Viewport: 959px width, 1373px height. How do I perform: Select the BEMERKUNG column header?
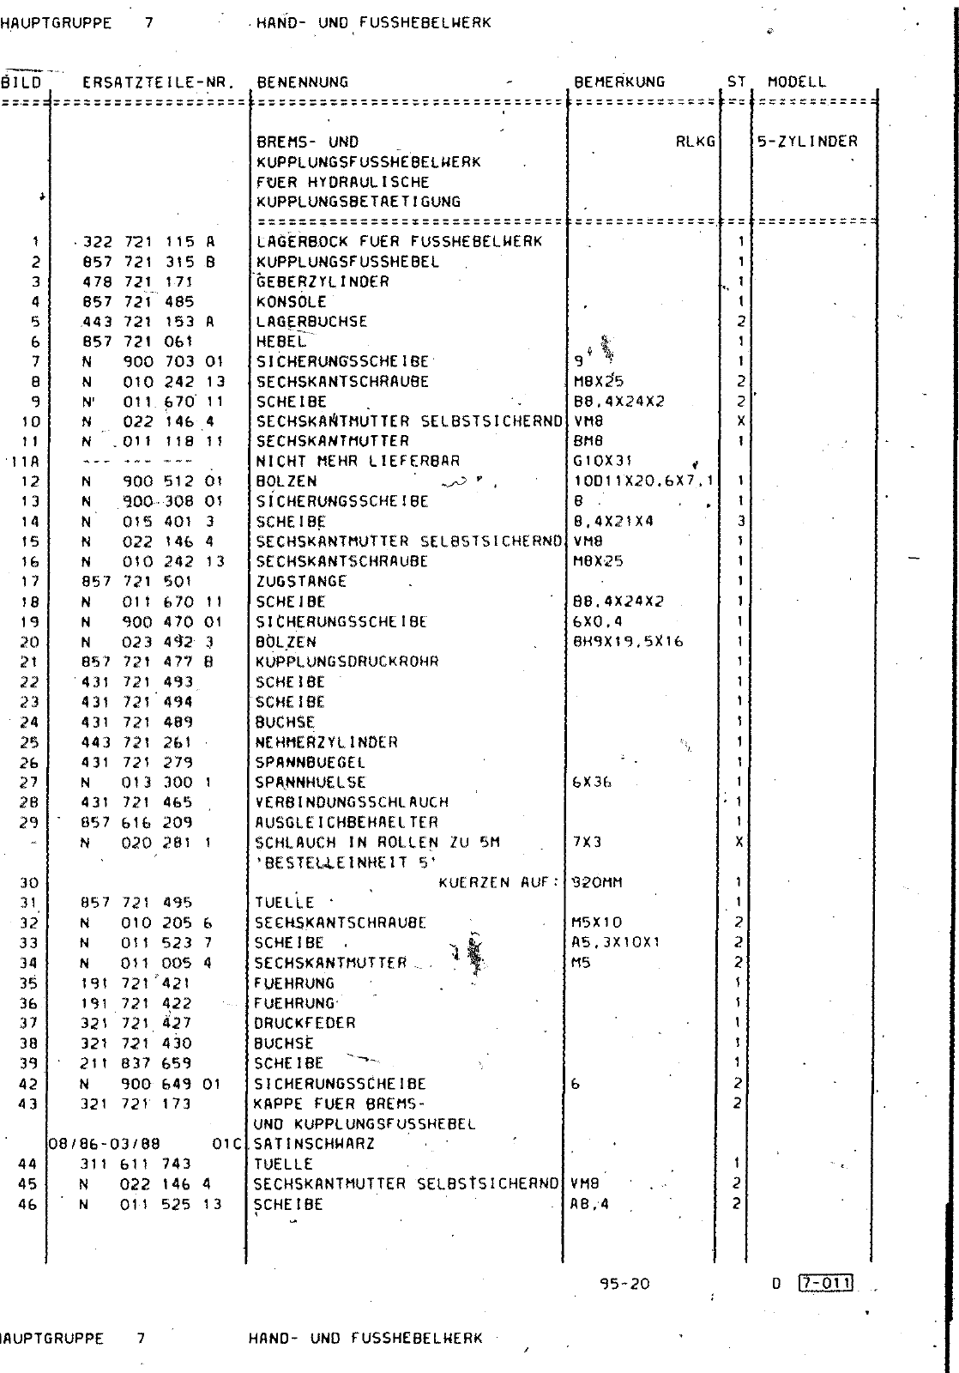coord(618,82)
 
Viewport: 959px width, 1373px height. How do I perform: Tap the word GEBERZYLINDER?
coord(323,281)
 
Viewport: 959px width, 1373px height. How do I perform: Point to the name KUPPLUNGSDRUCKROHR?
coord(347,662)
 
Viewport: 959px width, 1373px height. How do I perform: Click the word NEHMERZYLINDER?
coord(326,742)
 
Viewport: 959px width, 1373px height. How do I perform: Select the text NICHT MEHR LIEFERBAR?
coord(358,461)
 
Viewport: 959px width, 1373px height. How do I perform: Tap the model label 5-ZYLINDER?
coord(807,142)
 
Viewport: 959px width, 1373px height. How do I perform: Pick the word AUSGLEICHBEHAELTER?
coord(346,822)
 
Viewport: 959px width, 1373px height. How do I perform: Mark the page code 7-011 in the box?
coord(824,1284)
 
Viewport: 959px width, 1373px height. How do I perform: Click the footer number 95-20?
coord(625,1284)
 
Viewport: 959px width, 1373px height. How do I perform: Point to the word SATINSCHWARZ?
coord(314,1144)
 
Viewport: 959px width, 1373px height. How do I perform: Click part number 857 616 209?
coord(136,822)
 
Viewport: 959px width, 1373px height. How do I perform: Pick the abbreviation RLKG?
coord(695,142)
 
